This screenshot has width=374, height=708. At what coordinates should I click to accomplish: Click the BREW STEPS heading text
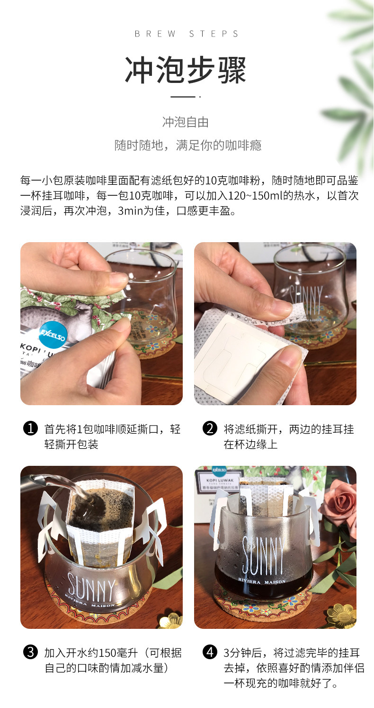(187, 34)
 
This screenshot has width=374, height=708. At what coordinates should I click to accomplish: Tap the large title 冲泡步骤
(186, 70)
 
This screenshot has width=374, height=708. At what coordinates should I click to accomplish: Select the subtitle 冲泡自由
(186, 122)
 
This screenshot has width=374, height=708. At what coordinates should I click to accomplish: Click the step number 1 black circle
(31, 428)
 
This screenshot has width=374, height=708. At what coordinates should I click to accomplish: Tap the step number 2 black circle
(210, 428)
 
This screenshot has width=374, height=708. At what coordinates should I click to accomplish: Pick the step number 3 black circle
(31, 653)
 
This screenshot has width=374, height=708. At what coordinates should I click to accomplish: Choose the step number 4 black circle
(210, 653)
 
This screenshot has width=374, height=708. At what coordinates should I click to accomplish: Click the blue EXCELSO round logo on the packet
(53, 335)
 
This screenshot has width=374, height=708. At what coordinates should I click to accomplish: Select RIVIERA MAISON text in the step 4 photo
(262, 581)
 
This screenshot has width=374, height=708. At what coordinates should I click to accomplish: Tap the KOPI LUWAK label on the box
(220, 481)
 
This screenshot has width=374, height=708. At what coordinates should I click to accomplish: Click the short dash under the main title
(183, 97)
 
